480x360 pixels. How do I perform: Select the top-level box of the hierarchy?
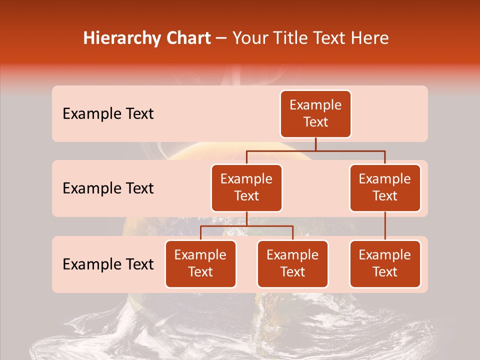315,114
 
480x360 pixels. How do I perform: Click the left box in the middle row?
246,188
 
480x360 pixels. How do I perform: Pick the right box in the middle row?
385,188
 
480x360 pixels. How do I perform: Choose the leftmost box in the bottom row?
200,264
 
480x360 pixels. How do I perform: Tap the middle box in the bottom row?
292,264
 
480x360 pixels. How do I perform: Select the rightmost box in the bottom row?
385,264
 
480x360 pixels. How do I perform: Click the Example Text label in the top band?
108,114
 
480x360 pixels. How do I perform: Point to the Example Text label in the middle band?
108,188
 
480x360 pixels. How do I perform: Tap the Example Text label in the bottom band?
108,264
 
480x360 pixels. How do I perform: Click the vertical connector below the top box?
315,144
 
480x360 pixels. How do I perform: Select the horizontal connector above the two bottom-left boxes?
246,226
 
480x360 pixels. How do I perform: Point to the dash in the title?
221,38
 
